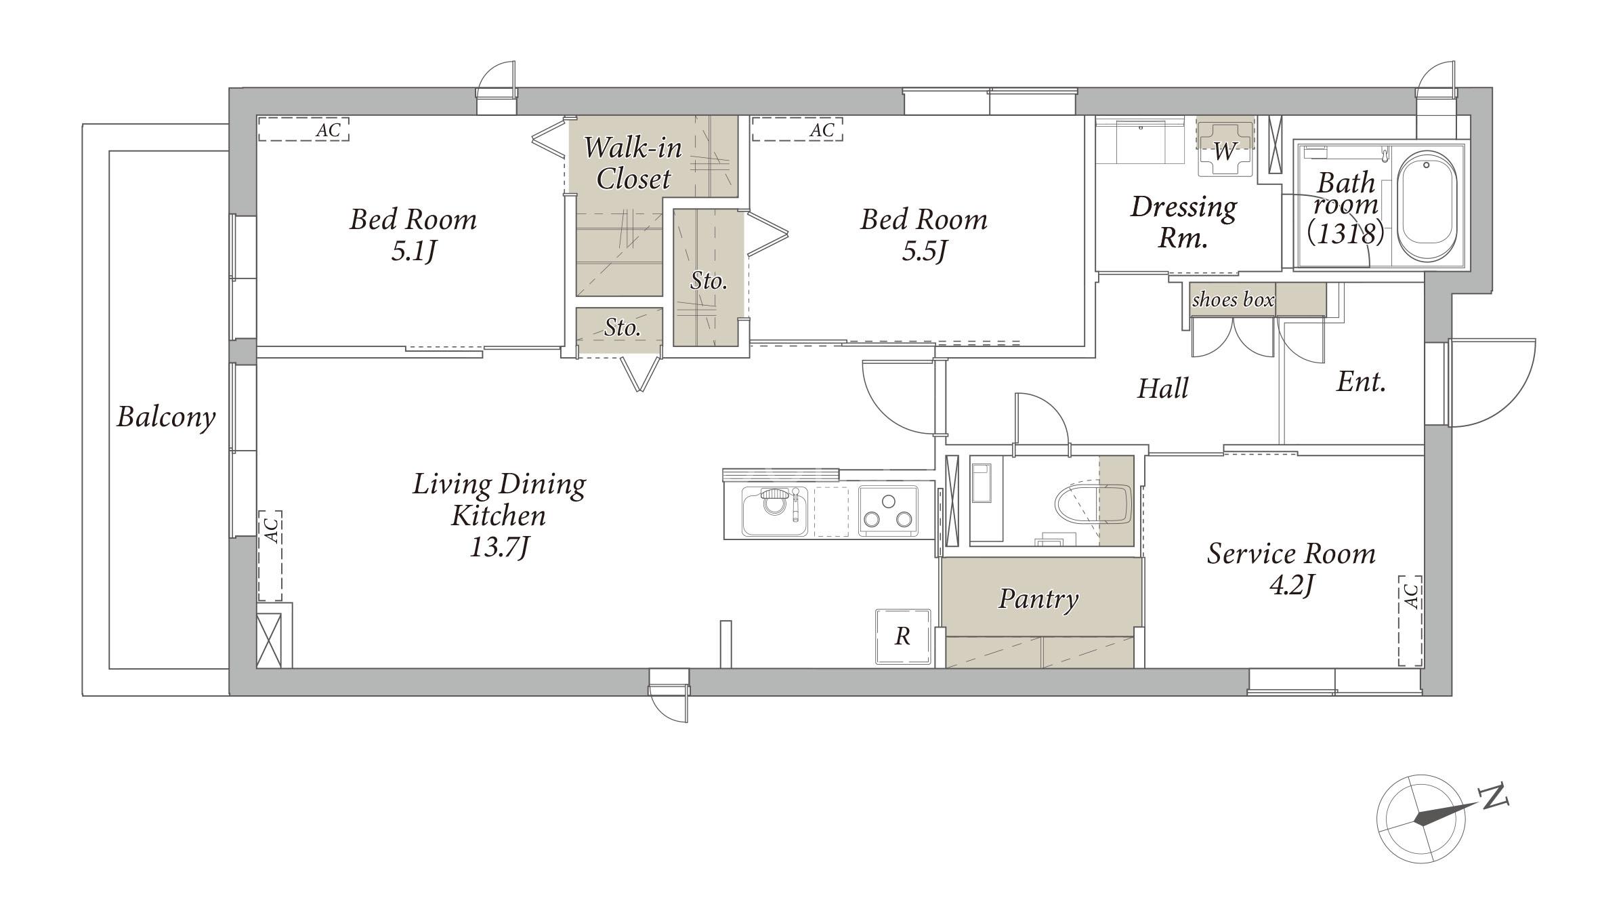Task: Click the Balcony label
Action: tap(166, 417)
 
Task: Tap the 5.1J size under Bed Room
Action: tap(413, 252)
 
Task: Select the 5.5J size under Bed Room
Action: tap(923, 252)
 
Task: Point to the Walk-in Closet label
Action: tap(633, 163)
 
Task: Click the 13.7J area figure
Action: tap(499, 548)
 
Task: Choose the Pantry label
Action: tap(1038, 599)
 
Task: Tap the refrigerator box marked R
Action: tap(903, 636)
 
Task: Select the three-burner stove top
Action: tap(887, 512)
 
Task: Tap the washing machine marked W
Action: tap(1225, 148)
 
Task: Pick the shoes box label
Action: tap(1233, 300)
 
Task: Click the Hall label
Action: tap(1162, 389)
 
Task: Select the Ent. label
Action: tap(1360, 383)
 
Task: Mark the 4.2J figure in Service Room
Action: tap(1291, 585)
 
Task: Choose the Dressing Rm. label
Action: tap(1183, 221)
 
